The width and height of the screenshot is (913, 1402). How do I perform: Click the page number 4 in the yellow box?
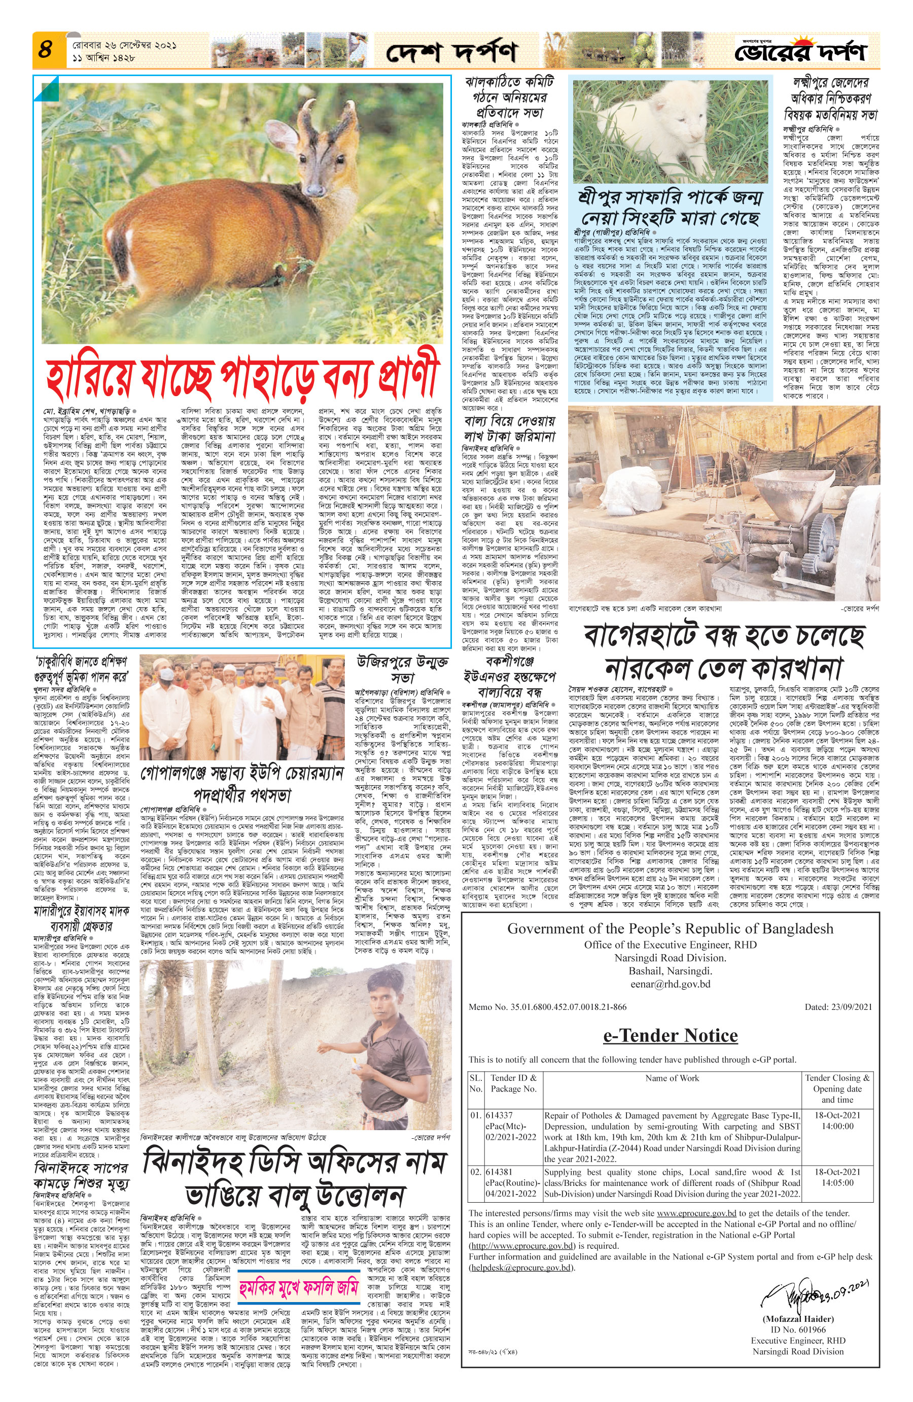click(x=45, y=51)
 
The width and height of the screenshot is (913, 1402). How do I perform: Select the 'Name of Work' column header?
click(x=672, y=1078)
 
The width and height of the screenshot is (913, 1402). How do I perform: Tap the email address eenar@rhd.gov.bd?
click(x=671, y=984)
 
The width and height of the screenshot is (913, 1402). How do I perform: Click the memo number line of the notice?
click(x=548, y=1007)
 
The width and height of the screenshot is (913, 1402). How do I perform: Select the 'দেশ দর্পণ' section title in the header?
click(x=452, y=52)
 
